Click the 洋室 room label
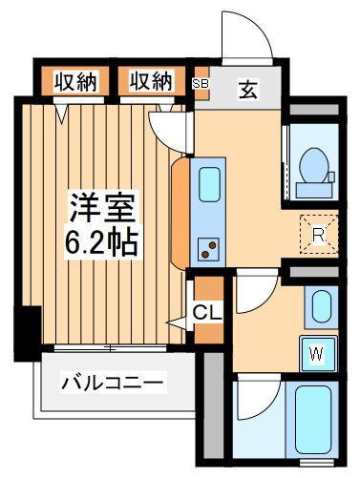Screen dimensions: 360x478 click(102, 207)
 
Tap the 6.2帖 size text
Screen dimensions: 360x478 click(102, 242)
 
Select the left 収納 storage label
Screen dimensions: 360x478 click(75, 81)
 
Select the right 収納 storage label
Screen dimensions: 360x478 click(151, 81)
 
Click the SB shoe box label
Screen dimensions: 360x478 click(201, 84)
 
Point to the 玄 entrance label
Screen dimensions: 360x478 click(248, 89)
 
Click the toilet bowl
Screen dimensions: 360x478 click(313, 165)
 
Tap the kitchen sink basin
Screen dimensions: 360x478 click(210, 184)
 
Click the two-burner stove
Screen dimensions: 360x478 click(208, 249)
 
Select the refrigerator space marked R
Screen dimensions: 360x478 click(319, 235)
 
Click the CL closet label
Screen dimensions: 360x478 click(207, 313)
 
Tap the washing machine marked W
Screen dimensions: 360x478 click(318, 354)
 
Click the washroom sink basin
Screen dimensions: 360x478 click(321, 307)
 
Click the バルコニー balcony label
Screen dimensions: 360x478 click(113, 383)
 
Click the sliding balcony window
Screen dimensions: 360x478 click(110, 348)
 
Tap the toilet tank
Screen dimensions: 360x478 click(314, 190)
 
